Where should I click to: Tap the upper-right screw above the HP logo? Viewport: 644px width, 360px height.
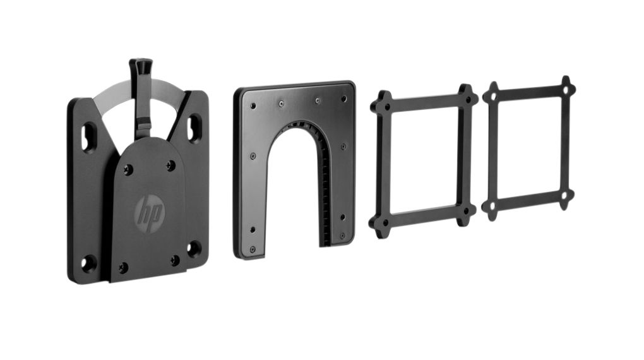point(170,165)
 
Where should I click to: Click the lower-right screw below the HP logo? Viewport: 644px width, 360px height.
point(175,260)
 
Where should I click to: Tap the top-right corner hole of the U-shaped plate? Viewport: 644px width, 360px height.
point(343,99)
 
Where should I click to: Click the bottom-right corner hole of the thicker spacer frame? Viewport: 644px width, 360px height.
point(467,211)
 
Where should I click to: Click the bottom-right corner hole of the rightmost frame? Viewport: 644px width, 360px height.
point(565,196)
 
